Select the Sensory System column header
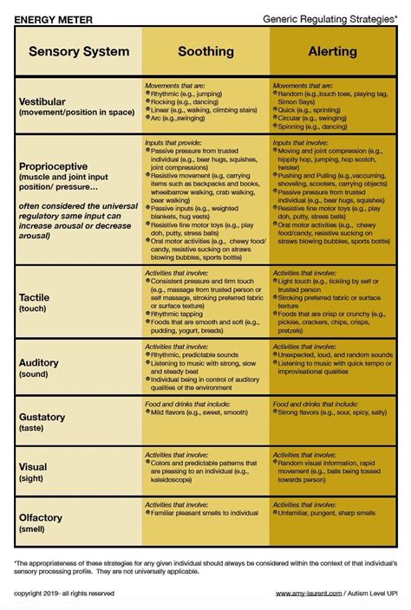(x=78, y=52)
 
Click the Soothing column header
(x=205, y=52)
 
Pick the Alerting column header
(x=333, y=52)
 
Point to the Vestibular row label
(x=43, y=101)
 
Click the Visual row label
(x=34, y=467)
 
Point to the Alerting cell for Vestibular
(x=333, y=107)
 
